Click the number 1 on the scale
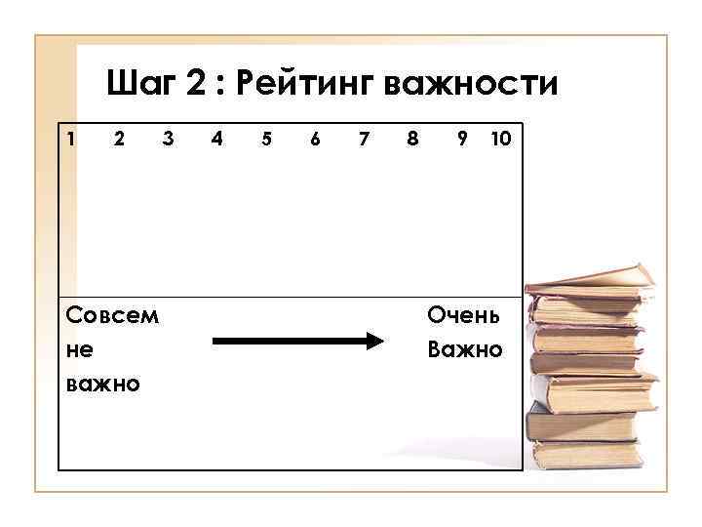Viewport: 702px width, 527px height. (x=70, y=139)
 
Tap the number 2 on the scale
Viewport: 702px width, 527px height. (x=119, y=139)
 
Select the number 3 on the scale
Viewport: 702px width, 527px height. (x=168, y=139)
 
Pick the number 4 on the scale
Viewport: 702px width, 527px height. (x=216, y=139)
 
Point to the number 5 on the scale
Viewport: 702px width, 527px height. (x=265, y=139)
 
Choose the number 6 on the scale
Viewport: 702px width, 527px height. (x=314, y=139)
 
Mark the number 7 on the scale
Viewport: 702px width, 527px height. (x=363, y=139)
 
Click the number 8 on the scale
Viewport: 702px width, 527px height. (x=411, y=139)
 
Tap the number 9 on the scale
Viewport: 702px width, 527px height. (x=461, y=139)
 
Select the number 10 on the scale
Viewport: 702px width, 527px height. (x=500, y=139)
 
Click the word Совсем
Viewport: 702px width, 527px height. (x=112, y=315)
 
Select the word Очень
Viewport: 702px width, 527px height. (x=464, y=315)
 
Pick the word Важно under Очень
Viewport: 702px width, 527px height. (x=465, y=348)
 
